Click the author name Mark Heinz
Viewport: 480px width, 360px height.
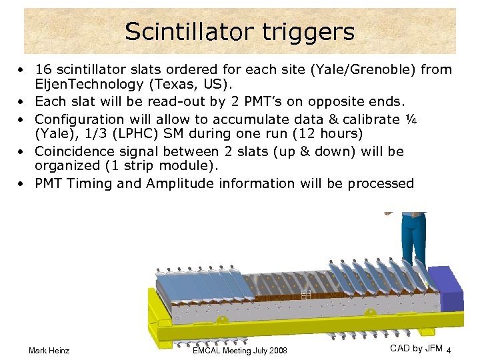pos(49,350)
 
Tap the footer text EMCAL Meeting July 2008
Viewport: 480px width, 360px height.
pos(239,350)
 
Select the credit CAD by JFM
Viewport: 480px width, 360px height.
pos(416,348)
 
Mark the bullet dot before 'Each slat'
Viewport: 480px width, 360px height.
pos(23,101)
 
